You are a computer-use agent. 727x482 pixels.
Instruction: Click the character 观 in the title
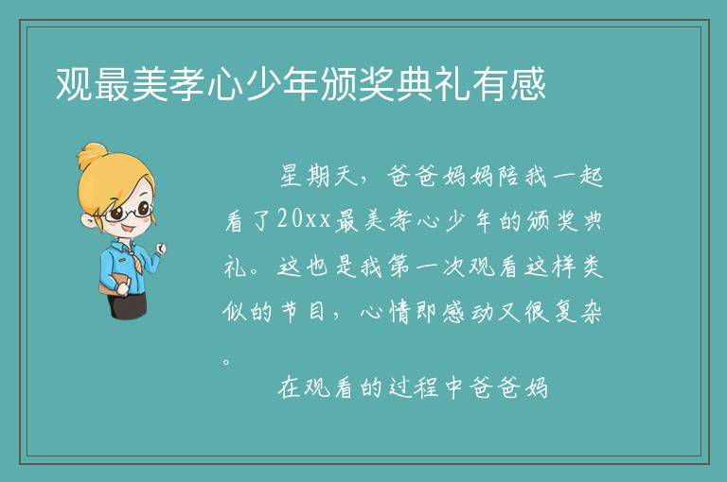(74, 84)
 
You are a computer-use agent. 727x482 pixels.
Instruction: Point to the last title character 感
(527, 84)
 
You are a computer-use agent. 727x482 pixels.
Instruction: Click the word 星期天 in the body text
(318, 176)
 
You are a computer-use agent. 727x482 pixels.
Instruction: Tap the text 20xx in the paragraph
(304, 219)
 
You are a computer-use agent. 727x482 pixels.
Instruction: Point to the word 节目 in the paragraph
(305, 312)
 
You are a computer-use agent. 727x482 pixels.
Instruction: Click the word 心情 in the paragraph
(386, 312)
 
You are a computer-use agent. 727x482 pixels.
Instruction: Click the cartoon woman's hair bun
(93, 155)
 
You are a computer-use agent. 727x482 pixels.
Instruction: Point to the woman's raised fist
(160, 250)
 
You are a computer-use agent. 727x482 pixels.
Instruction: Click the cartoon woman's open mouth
(126, 230)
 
